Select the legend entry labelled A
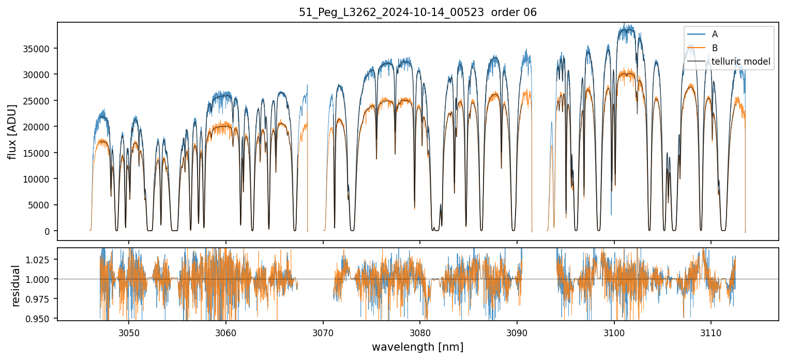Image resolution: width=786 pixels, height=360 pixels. pos(715,34)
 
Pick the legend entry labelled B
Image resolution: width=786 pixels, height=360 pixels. pos(715,48)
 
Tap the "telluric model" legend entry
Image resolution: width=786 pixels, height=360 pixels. pos(740,62)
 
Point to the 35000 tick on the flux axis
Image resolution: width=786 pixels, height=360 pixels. pos(40,49)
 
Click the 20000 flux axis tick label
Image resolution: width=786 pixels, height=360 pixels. pos(40,127)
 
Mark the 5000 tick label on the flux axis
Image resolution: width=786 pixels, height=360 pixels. pos(42,205)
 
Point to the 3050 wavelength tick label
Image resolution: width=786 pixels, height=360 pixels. pos(129,331)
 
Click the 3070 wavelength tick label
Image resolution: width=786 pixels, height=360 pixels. pos(323,331)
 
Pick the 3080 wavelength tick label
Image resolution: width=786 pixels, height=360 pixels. pos(420,331)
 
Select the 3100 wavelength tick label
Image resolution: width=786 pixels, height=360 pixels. pos(614,331)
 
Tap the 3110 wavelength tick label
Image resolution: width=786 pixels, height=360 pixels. pos(711,331)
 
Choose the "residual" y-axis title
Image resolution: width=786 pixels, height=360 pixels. pos(16,286)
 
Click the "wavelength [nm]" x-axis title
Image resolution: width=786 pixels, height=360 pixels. pos(417,347)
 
